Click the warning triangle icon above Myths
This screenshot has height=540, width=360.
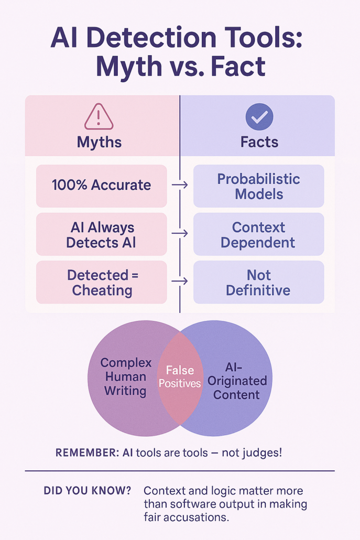pos(99,117)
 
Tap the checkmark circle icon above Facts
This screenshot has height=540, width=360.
pos(259,117)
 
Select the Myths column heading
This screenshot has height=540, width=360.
pos(99,142)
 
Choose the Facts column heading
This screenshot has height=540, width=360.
pos(259,142)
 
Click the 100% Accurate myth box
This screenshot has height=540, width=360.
pos(102,186)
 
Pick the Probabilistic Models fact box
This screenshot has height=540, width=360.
pos(259,186)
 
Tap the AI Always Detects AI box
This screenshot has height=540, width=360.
pos(102,234)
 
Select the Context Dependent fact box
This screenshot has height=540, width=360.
pos(259,234)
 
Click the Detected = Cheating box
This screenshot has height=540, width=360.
pos(102,282)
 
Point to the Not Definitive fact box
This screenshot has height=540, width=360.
pos(259,282)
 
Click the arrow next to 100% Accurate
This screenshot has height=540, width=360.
pos(180,185)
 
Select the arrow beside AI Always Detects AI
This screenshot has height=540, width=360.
pos(180,233)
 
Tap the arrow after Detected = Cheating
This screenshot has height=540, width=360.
pos(180,281)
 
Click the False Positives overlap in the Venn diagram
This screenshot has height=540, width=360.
pos(180,377)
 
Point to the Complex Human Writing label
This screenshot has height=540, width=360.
pos(126,377)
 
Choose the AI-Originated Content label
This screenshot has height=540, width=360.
pos(237,381)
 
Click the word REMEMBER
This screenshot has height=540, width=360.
pos(88,452)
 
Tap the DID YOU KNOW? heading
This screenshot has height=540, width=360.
pos(88,490)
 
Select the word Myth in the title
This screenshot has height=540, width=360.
pos(129,67)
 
